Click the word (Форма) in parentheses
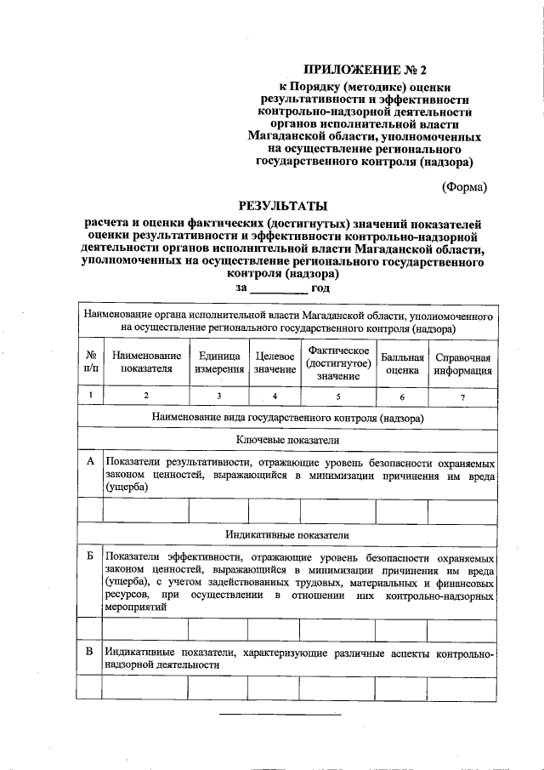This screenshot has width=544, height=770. [463, 186]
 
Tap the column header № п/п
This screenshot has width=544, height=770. [90, 362]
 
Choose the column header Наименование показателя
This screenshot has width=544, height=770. [146, 362]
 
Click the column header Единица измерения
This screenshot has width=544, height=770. [218, 362]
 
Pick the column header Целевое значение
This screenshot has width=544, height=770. [275, 362]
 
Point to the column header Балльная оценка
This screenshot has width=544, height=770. [402, 362]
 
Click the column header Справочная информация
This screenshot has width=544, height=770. [462, 362]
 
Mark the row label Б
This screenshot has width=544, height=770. [90, 554]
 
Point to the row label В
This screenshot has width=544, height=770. [90, 652]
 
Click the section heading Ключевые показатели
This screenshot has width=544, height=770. [287, 441]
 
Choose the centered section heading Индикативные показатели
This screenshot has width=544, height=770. [287, 533]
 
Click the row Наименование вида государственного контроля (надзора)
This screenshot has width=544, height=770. [287, 418]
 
